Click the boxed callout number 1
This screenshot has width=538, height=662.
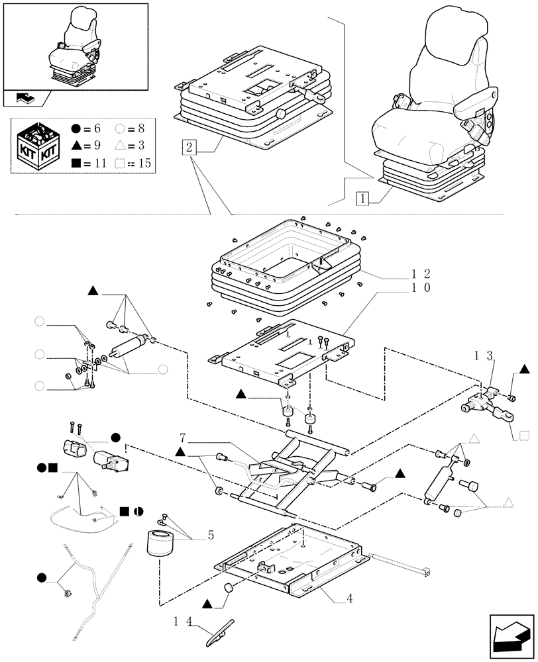click(x=362, y=198)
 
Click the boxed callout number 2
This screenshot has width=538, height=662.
click(x=189, y=148)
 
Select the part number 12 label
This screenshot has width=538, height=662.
click(x=421, y=274)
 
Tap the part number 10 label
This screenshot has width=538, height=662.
click(x=421, y=288)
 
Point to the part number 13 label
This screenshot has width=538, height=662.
click(x=483, y=356)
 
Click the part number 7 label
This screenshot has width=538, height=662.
click(x=182, y=437)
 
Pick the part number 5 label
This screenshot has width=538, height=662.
click(x=211, y=536)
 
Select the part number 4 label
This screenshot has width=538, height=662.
click(x=349, y=598)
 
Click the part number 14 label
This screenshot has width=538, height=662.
click(x=183, y=622)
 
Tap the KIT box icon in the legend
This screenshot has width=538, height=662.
click(x=38, y=146)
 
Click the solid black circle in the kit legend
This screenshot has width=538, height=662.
click(x=76, y=128)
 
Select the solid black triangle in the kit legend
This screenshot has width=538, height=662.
click(x=76, y=145)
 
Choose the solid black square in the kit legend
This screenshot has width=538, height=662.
click(x=76, y=163)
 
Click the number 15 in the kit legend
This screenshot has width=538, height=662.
click(x=144, y=163)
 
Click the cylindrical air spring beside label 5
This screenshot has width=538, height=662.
click(x=160, y=545)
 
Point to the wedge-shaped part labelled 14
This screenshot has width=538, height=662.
click(x=220, y=634)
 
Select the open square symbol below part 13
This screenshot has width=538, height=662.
click(x=523, y=436)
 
